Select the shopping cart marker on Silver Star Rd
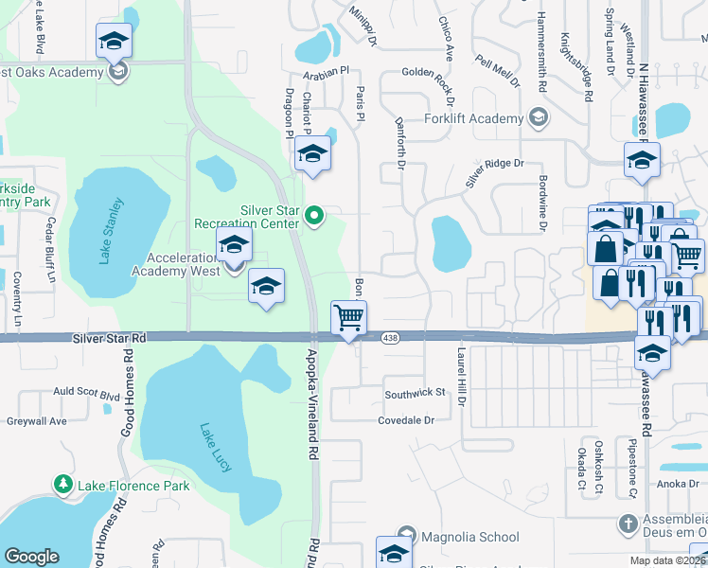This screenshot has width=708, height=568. [348, 318]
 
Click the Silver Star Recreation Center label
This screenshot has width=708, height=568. [246, 217]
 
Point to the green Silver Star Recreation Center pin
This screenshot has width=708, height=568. [316, 218]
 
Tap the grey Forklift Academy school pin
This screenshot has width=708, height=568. [539, 117]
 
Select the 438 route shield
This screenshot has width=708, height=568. [389, 337]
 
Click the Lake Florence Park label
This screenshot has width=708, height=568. [133, 487]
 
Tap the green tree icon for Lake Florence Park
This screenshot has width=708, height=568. [63, 486]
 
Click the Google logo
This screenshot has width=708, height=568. [31, 557]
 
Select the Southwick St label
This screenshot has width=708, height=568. [414, 392]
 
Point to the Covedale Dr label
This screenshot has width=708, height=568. [418, 419]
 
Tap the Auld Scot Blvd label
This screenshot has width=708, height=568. [87, 392]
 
